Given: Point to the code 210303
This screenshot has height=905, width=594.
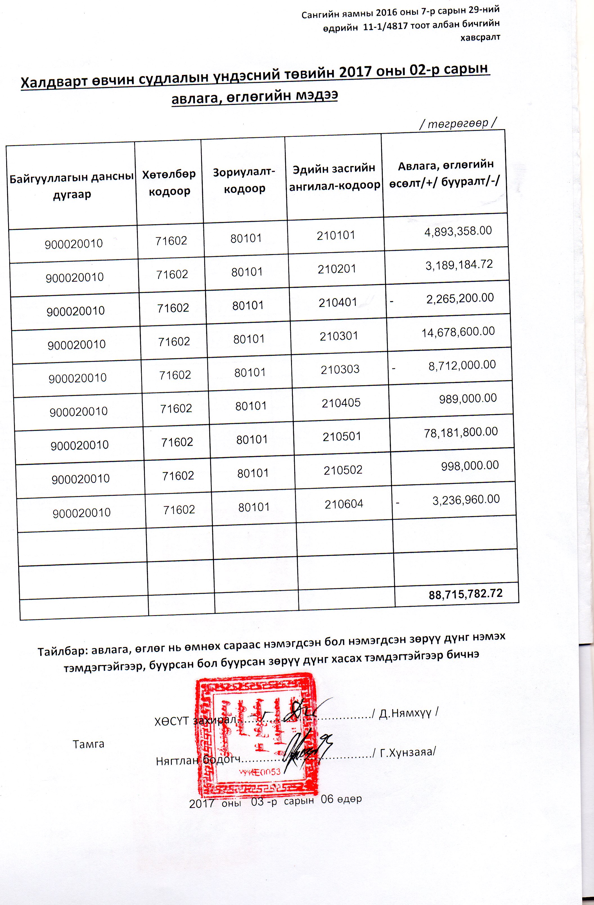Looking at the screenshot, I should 340,369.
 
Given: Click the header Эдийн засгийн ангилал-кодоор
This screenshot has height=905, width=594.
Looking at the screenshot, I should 334,176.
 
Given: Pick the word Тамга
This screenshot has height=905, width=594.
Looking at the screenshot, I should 88,744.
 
